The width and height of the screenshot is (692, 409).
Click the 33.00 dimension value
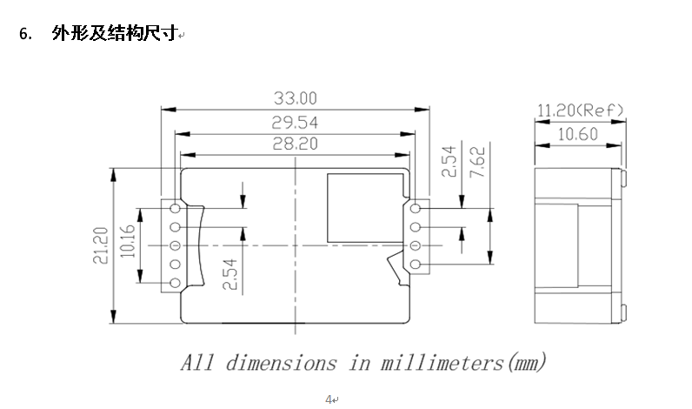296,97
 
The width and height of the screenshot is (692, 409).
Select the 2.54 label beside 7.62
449,163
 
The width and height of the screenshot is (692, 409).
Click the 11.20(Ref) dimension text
580,111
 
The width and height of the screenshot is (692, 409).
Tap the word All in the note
197,362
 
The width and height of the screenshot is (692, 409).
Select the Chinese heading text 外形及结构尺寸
114,34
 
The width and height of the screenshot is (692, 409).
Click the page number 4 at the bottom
329,399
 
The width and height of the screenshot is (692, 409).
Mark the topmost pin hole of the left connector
176,209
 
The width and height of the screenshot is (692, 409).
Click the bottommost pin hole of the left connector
176,284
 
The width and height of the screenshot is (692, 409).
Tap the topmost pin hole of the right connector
416,209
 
